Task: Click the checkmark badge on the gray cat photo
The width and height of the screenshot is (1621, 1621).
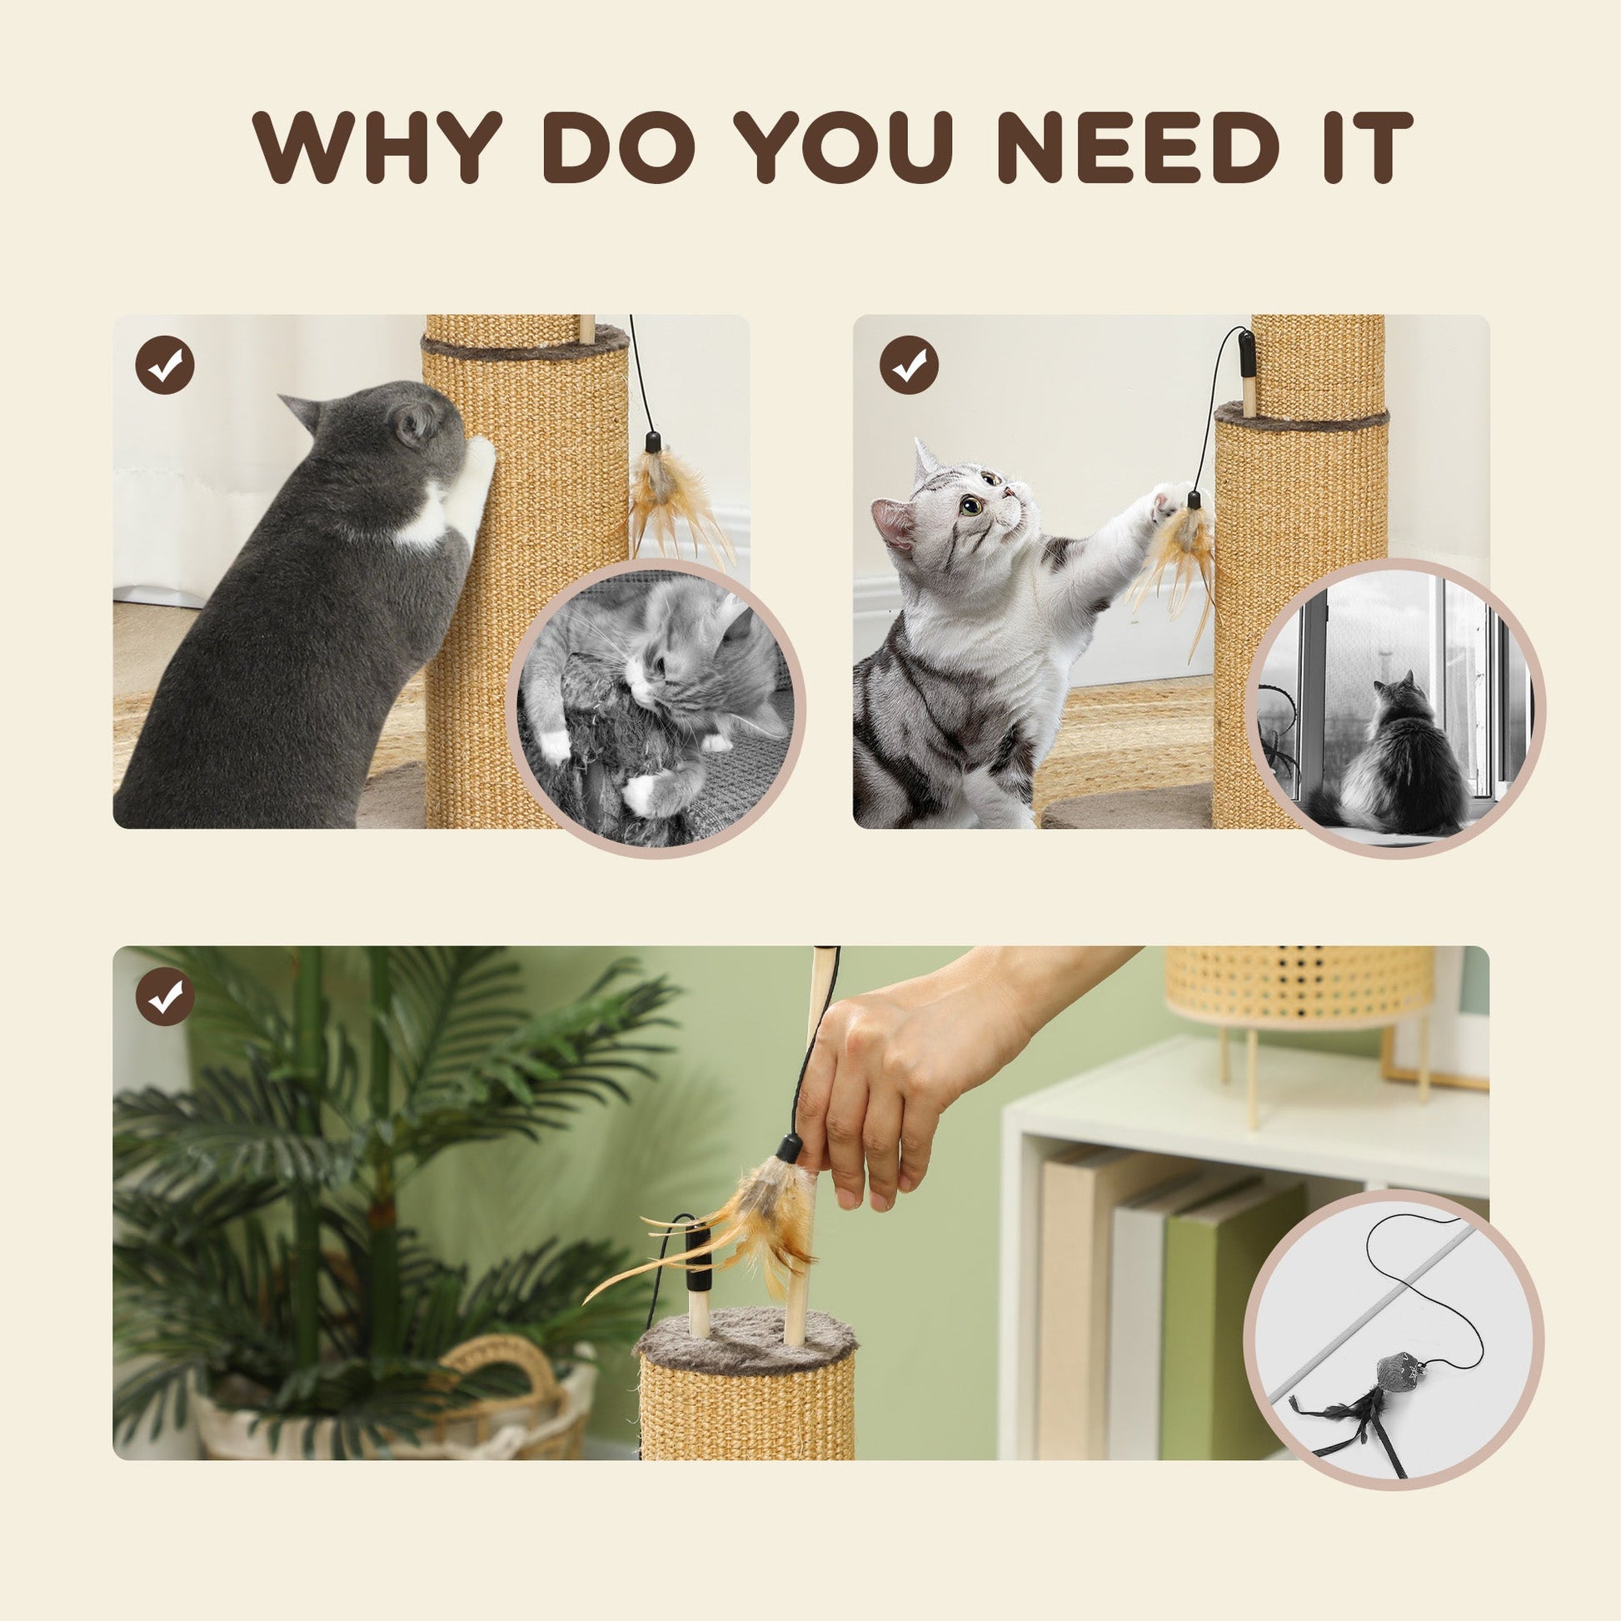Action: (x=164, y=365)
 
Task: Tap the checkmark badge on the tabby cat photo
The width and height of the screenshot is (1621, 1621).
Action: (x=909, y=365)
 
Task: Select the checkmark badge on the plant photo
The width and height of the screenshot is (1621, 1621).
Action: (x=164, y=997)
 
